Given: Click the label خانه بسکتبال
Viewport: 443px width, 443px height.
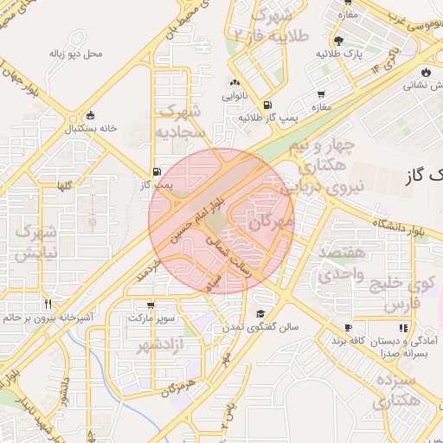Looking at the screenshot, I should click(89, 129).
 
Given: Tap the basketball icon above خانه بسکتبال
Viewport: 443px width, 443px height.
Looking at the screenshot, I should click(91, 116).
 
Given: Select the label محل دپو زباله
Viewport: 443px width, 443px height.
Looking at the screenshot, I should click(76, 53).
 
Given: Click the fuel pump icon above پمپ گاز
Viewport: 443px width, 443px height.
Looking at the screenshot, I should click(157, 171).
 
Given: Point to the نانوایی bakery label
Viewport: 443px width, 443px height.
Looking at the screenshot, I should click(239, 96).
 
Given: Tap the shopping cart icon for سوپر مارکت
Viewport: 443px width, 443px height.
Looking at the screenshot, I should click(151, 305).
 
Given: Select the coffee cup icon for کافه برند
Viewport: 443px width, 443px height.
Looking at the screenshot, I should click(348, 328).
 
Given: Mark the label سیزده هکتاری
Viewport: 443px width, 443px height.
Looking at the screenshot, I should click(395, 391).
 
